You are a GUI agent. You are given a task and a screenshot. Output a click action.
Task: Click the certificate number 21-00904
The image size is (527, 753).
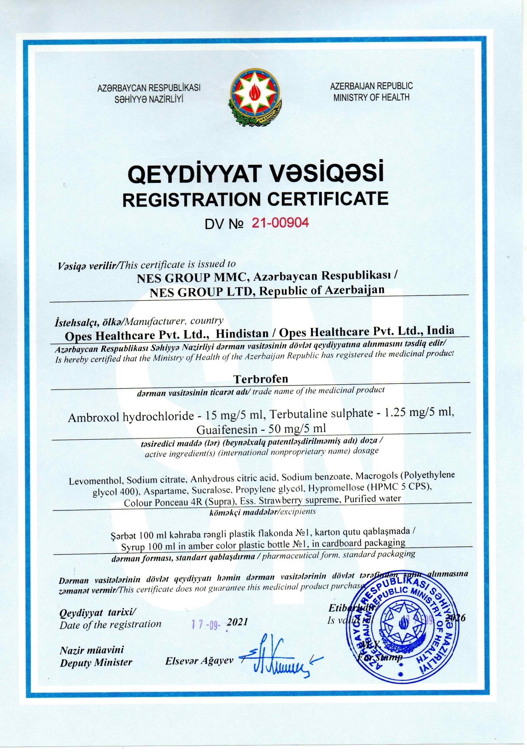[280, 223]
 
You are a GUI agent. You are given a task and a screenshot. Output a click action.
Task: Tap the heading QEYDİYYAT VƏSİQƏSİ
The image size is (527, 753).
[255, 173]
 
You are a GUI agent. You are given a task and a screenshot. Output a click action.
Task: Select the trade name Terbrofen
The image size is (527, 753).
[260, 379]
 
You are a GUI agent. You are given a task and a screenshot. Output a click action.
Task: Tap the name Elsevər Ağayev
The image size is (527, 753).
[199, 661]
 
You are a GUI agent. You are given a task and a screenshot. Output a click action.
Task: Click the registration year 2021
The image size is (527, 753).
[237, 622]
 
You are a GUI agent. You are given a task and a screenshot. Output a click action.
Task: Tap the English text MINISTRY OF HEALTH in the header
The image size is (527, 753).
[371, 97]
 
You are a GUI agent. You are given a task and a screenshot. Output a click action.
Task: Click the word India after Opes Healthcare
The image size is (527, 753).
[440, 331]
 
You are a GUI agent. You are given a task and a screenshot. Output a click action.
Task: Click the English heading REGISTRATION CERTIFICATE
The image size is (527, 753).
[255, 199]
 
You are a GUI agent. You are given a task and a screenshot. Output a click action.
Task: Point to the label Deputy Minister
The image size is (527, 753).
[96, 662]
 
